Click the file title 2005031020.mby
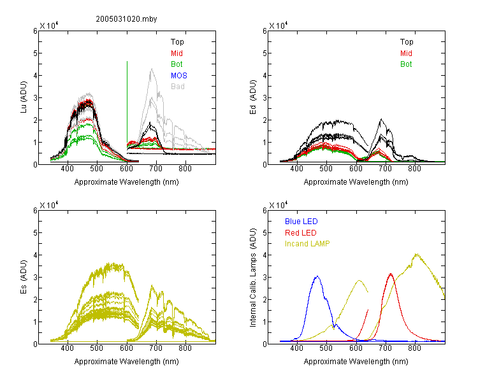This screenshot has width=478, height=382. pos(126,19)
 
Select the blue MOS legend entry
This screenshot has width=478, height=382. pos(179,76)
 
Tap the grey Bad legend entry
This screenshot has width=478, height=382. pos(178,87)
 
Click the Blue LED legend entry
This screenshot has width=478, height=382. pos(301,222)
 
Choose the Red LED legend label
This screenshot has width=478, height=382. pos(301,233)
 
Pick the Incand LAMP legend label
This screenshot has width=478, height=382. pos(307,244)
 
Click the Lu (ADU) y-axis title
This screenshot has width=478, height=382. pos(24,97)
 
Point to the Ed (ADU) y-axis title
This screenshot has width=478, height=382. pos(253,97)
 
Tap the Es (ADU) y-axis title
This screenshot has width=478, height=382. pos(24,276)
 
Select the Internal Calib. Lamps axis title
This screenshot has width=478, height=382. pos(253,278)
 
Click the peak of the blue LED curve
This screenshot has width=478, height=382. pos(317,276)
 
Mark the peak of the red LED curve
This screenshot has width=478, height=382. pos(391,274)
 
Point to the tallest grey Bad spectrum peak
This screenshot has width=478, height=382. pos(152,69)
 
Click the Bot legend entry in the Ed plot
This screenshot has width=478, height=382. pos(406,64)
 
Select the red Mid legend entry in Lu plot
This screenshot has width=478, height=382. pos(177,53)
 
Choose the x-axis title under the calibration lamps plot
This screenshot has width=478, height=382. pos(356,362)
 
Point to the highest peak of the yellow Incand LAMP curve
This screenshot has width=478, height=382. pos(416,254)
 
